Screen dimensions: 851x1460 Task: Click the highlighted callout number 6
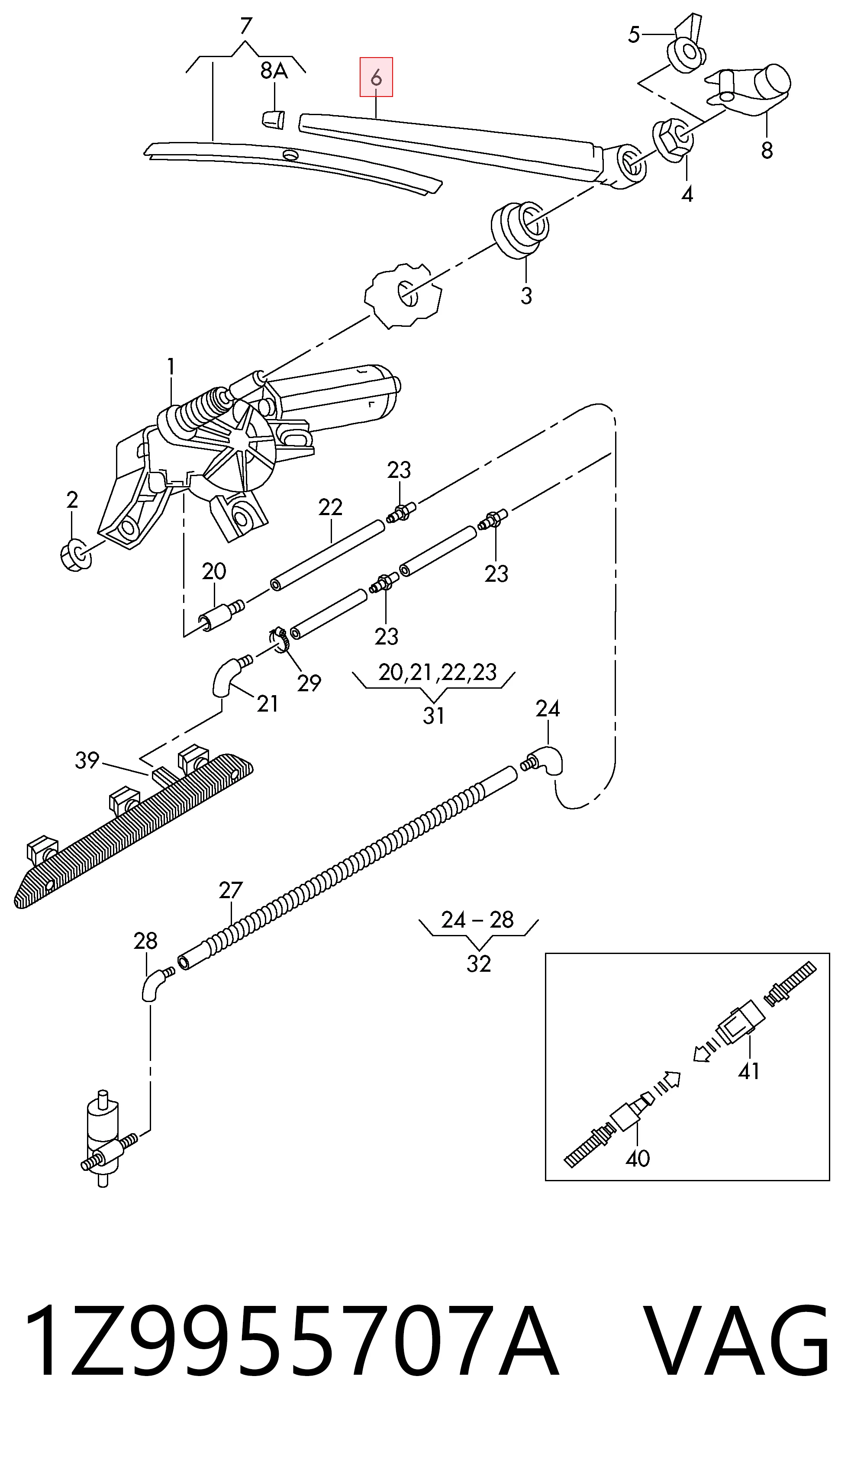click(376, 77)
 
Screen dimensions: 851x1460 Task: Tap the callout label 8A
click(274, 71)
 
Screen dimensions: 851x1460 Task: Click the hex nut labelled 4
click(673, 139)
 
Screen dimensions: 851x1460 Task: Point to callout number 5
click(634, 35)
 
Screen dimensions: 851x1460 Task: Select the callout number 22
click(330, 508)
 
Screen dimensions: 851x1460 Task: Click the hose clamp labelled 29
click(280, 639)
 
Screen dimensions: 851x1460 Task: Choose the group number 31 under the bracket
click(433, 716)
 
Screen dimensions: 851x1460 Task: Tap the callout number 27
click(231, 890)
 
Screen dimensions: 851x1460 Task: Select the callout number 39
click(87, 760)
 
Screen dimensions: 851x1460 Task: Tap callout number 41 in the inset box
click(748, 1071)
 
